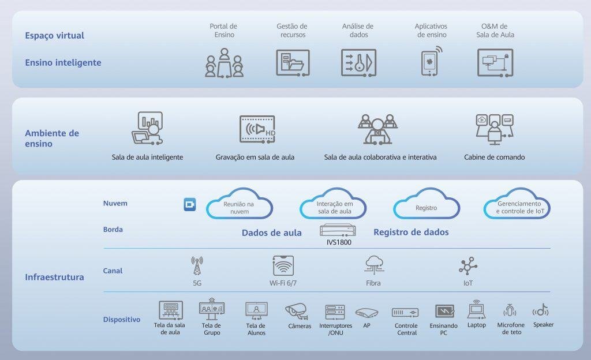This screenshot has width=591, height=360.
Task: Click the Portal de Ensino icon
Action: pos(224,63)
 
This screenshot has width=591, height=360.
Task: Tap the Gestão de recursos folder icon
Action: pos(293,62)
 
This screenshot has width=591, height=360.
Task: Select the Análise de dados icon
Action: pos(358,62)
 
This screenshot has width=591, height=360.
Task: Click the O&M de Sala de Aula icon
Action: pos(495,62)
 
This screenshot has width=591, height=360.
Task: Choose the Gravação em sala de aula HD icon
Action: pos(257,129)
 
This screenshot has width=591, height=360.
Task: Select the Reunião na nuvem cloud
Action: pos(239,207)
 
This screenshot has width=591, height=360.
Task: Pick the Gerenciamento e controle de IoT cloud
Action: pos(517,207)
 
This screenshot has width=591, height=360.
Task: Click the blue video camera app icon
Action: pos(190,204)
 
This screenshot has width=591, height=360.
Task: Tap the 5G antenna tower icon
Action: pos(197,266)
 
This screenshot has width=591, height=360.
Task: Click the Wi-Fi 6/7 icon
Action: pos(283,266)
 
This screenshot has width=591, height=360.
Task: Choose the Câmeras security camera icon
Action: pos(298,312)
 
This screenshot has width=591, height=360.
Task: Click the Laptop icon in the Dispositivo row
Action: pos(476,309)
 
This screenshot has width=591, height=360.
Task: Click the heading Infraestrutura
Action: pos(54,277)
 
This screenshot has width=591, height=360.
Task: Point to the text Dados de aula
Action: pos(271,233)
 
